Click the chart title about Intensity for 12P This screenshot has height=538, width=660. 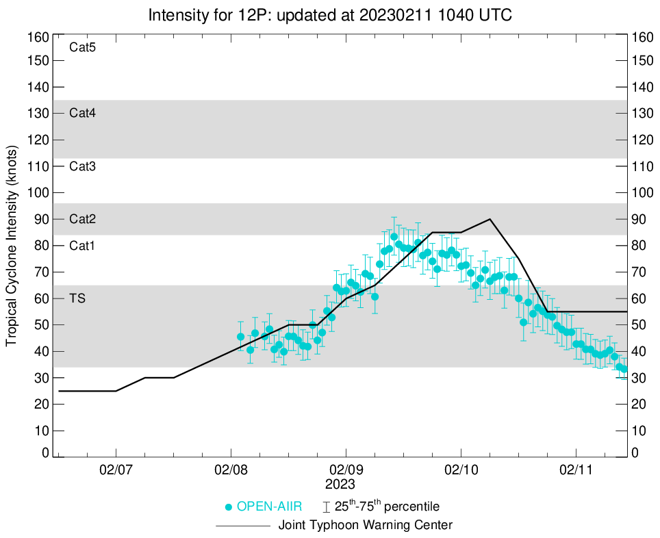[x=329, y=14]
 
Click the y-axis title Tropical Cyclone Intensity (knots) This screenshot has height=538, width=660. [x=12, y=246]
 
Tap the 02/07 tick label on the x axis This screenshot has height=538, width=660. [x=116, y=472]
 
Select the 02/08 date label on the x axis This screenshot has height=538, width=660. [x=231, y=472]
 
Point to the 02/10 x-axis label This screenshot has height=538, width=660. [x=461, y=472]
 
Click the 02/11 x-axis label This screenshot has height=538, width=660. [x=576, y=472]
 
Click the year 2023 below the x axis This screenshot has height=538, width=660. [x=340, y=485]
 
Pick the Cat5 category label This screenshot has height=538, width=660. [x=82, y=48]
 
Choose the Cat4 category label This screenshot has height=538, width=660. [x=82, y=114]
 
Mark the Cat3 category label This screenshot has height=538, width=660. [x=82, y=166]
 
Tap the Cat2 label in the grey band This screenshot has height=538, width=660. [x=82, y=219]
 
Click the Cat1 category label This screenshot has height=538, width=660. [x=82, y=246]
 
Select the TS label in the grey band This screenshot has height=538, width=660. [x=77, y=298]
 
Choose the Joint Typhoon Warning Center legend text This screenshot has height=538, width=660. [x=366, y=526]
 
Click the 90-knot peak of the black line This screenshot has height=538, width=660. [x=490, y=219]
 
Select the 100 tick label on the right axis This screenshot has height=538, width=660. [x=643, y=193]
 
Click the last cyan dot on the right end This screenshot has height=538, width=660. [x=624, y=369]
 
